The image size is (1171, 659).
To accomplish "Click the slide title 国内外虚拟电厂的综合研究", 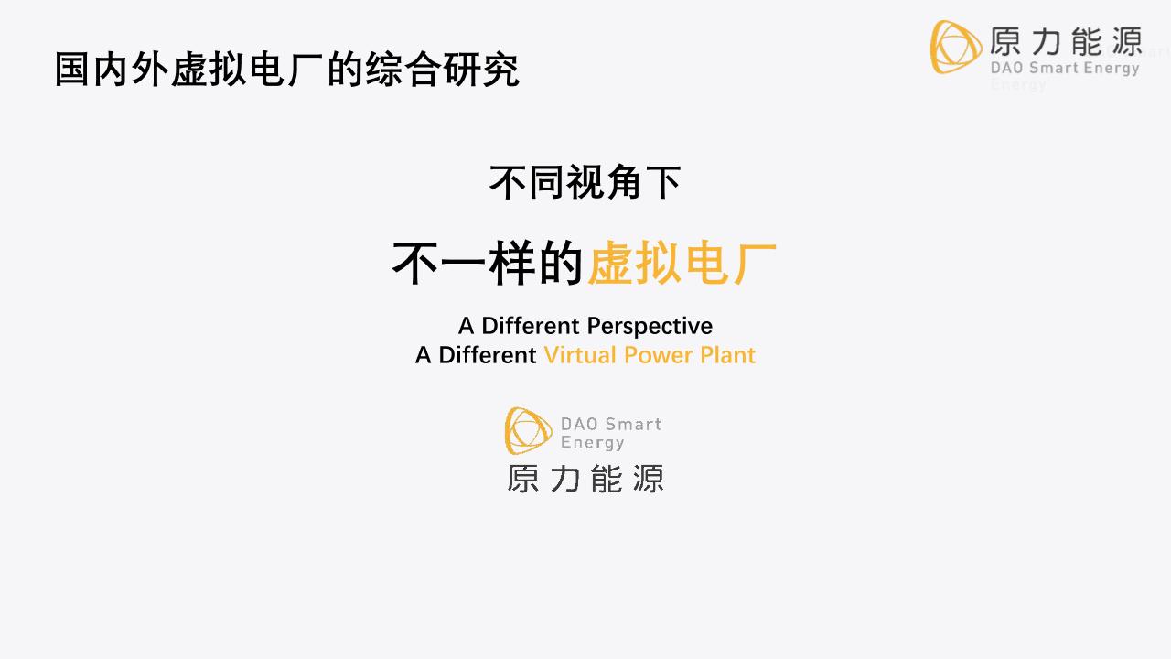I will (286, 70).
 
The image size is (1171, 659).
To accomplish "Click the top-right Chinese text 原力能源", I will (1065, 41).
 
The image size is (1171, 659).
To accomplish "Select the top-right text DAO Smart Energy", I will (1065, 68).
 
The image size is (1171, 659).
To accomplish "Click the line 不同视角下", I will (585, 182).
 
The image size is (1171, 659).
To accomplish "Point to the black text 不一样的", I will (487, 264).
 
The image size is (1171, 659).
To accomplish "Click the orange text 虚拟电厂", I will (682, 264).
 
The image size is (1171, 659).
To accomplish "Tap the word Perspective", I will (650, 326).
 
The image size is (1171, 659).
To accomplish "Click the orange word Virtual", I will (580, 355).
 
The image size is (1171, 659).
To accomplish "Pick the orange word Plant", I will (728, 355).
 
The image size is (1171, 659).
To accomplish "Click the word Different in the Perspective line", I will (531, 326).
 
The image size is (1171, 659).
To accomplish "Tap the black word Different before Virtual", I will (488, 355).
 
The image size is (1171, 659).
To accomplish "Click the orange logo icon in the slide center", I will (529, 431).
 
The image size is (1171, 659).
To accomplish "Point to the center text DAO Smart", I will (610, 424).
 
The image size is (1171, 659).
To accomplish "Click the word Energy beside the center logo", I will (592, 443).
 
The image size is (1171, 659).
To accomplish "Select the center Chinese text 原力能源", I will (585, 479).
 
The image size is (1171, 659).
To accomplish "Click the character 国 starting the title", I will (72, 70).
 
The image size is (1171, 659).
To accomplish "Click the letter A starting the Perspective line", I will (466, 326).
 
